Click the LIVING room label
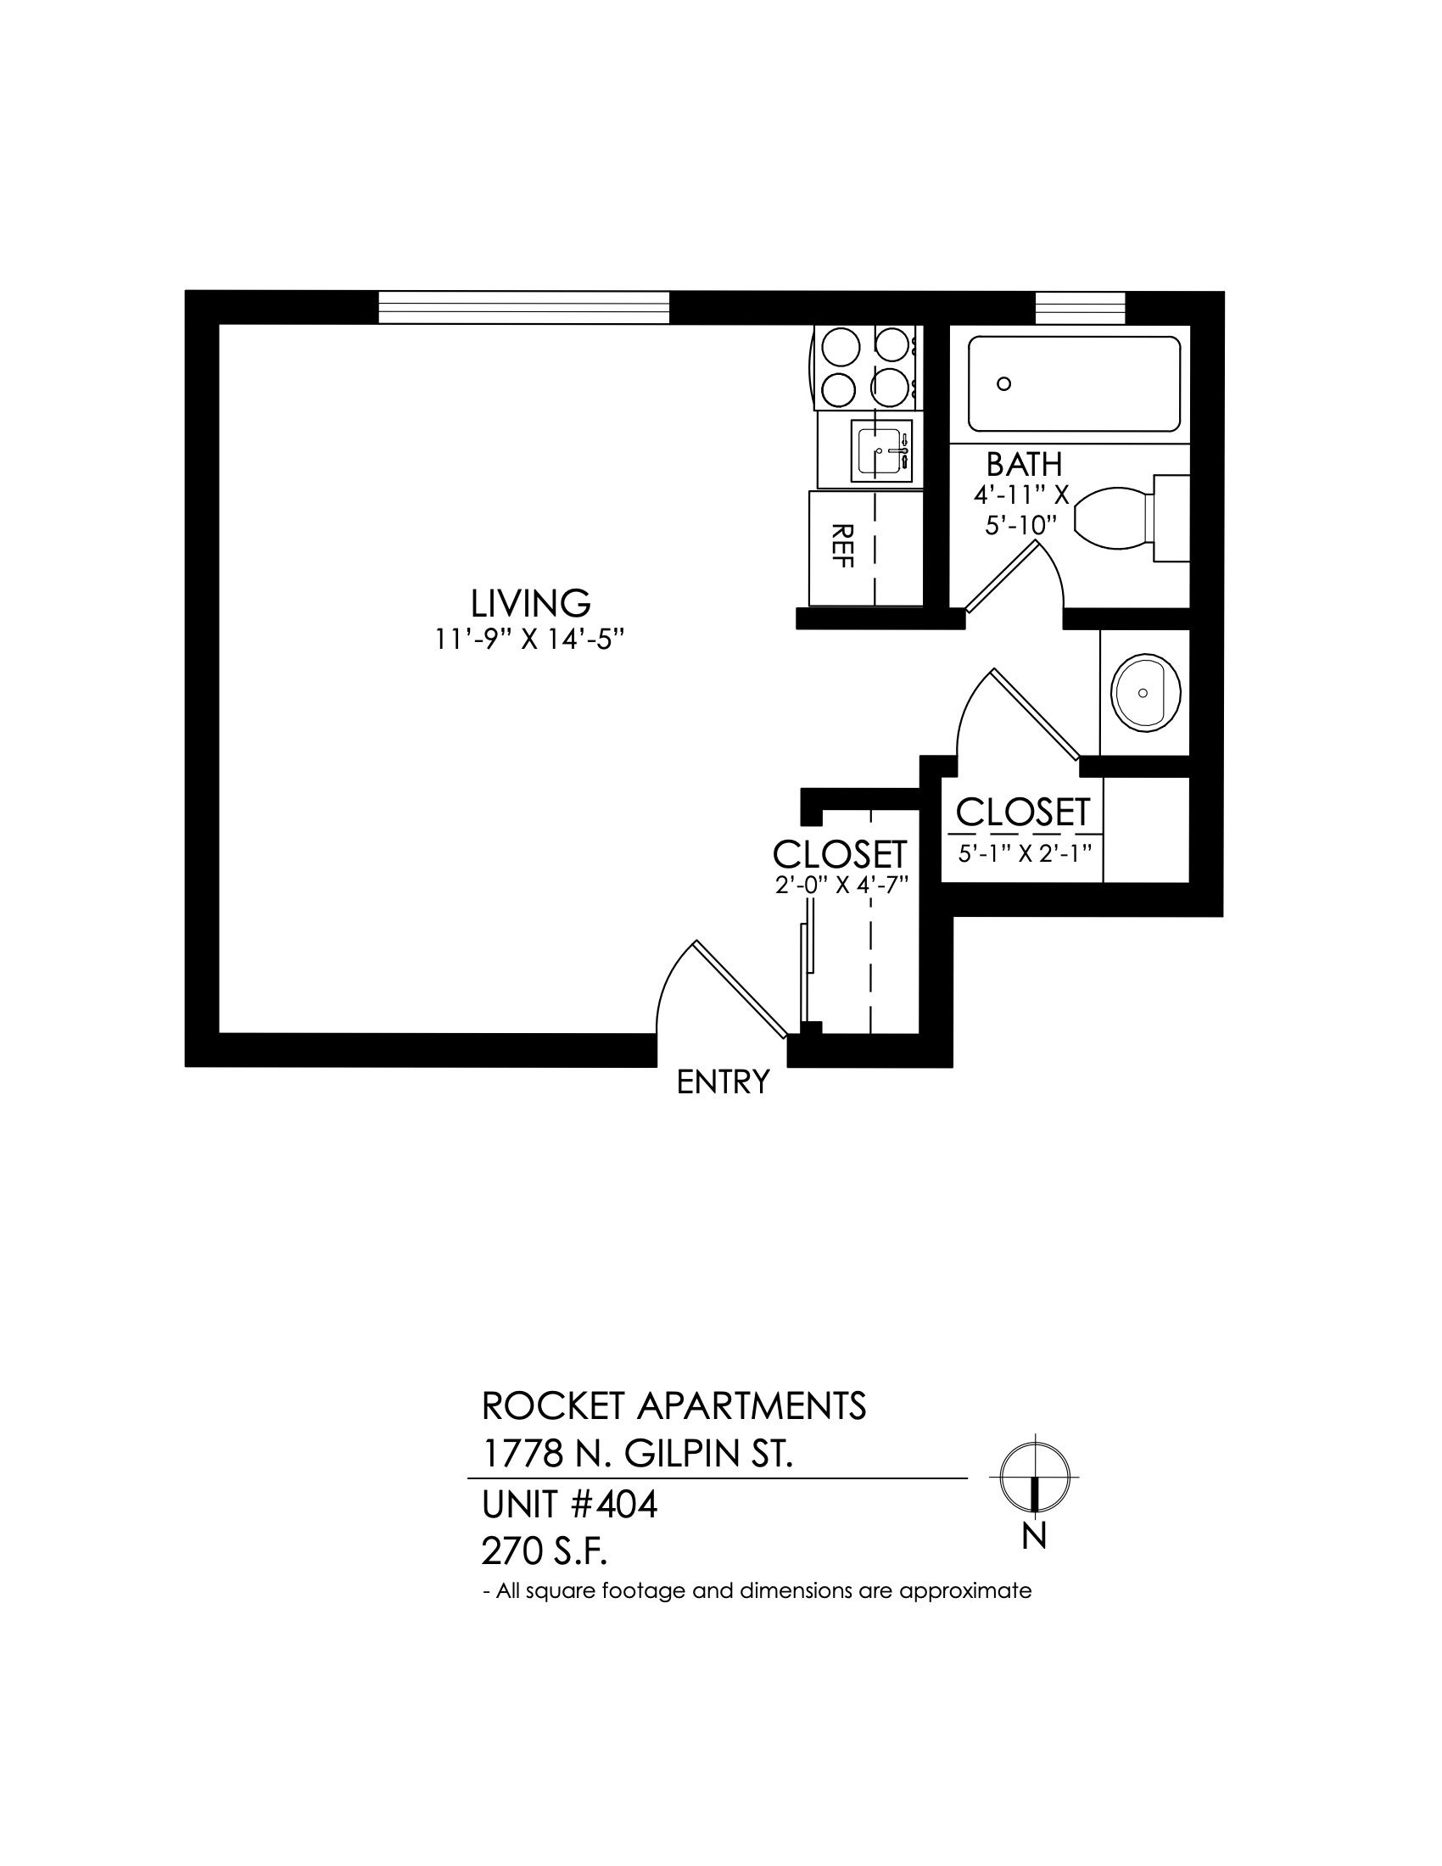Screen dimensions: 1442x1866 [x=530, y=603]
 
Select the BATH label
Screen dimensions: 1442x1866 [x=1025, y=465]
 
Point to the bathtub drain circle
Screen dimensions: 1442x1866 [x=1004, y=383]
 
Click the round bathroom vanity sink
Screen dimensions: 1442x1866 [x=1146, y=693]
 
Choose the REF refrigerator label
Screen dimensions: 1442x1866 [x=842, y=545]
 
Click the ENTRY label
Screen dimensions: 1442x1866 [x=723, y=1082]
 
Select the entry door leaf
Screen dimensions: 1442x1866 [x=740, y=989]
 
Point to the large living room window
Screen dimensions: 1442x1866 [x=523, y=308]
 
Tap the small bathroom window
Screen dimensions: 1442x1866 [x=1080, y=308]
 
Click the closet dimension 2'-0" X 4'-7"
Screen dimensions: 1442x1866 [x=840, y=886]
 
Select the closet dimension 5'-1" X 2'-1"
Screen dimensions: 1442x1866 [x=1026, y=852]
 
